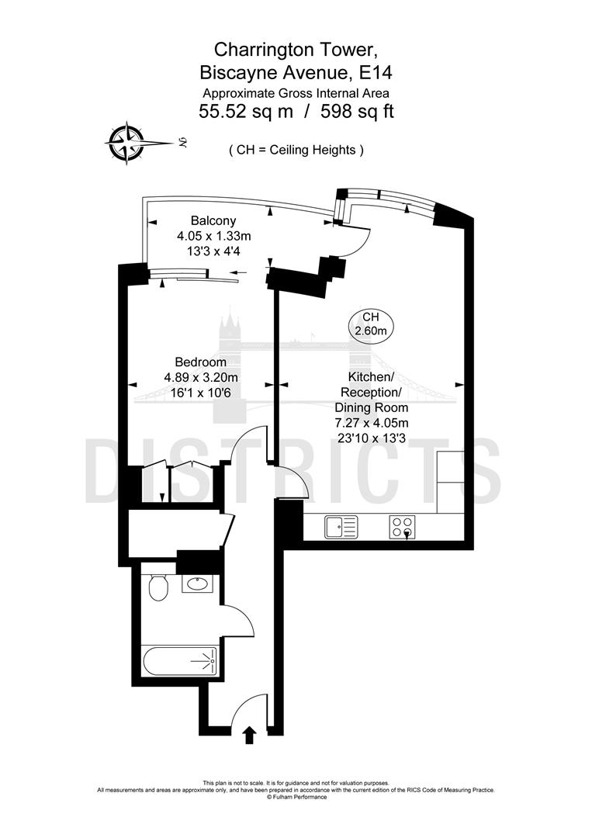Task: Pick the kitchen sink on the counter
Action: [341, 527]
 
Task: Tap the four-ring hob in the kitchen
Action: [401, 527]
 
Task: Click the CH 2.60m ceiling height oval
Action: [371, 324]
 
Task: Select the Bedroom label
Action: [200, 362]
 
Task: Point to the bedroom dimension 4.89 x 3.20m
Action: [200, 377]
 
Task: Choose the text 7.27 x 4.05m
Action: [371, 422]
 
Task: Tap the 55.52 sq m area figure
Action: [246, 111]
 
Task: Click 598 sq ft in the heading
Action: [355, 111]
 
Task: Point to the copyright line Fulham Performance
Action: [296, 796]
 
